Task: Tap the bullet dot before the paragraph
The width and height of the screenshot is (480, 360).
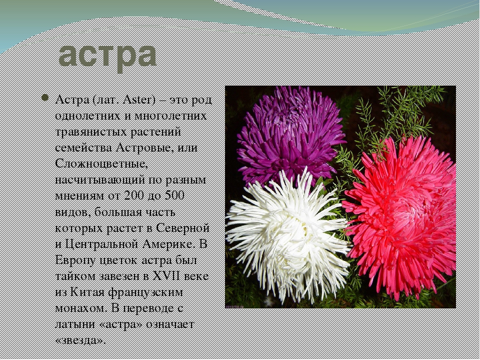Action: [44, 97]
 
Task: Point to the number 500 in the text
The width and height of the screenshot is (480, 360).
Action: [174, 195]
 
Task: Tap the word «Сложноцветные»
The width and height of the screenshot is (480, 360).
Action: [101, 164]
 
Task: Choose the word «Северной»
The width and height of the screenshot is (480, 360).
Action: [183, 228]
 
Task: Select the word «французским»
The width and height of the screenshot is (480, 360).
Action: [145, 292]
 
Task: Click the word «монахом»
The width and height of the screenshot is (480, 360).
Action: [81, 308]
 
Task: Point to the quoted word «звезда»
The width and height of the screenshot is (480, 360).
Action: [81, 340]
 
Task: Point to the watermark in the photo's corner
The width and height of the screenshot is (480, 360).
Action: [234, 306]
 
